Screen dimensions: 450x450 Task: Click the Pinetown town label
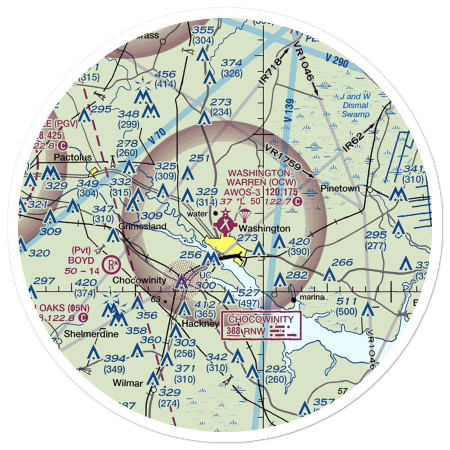click(341, 188)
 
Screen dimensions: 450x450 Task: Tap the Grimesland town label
click(142, 226)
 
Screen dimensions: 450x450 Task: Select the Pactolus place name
click(73, 157)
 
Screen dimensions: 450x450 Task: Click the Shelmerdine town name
click(85, 334)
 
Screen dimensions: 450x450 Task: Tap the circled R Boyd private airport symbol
click(110, 265)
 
